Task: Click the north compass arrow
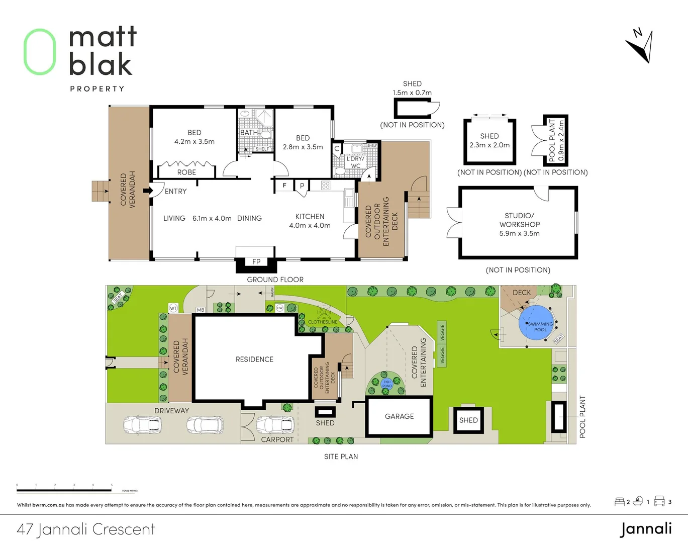(x=641, y=48)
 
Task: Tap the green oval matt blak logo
(x=40, y=52)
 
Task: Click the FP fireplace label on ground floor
(x=256, y=262)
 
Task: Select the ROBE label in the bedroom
(x=186, y=172)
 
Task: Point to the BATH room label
(x=249, y=133)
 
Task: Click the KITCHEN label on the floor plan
(x=310, y=217)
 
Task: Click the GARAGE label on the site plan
(x=399, y=416)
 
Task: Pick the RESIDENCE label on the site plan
(x=254, y=359)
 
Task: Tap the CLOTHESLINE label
(x=323, y=322)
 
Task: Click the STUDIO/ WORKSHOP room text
(x=519, y=220)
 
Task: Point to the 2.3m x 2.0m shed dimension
(x=489, y=145)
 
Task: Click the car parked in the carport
(x=275, y=425)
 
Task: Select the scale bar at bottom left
(x=64, y=489)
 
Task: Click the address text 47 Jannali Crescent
(x=86, y=529)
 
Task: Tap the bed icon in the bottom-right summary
(x=620, y=502)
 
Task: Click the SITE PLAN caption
(x=341, y=457)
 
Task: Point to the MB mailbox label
(x=201, y=310)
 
